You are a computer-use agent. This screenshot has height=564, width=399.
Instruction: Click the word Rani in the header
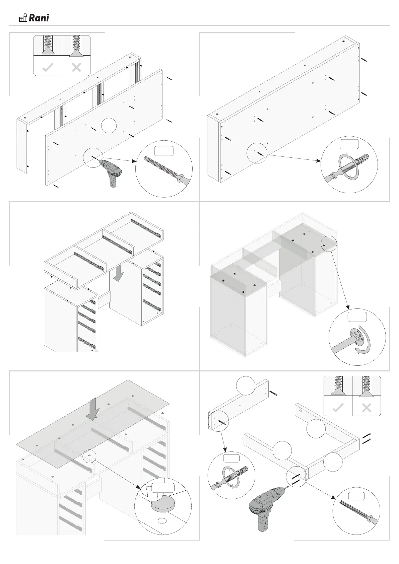[39, 18]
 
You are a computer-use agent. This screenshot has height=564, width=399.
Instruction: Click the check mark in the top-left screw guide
[48, 68]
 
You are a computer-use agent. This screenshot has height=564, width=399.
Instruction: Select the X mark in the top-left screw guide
[76, 68]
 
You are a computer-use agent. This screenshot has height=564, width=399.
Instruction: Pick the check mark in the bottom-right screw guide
[338, 408]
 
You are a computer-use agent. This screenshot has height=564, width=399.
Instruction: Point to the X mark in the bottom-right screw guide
[367, 408]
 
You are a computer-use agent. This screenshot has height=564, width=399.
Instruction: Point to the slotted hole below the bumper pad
[162, 522]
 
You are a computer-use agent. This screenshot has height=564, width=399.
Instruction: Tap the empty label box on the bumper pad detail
[162, 488]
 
